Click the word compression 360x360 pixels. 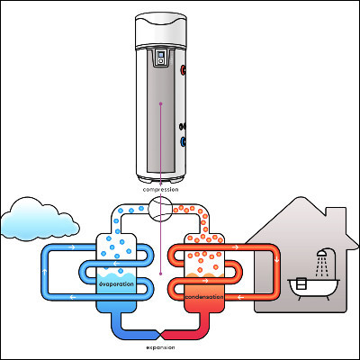pyautogui.click(x=160, y=190)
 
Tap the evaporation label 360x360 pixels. pyautogui.click(x=116, y=283)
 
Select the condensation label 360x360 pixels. pyautogui.click(x=204, y=297)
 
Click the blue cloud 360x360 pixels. pyautogui.click(x=38, y=220)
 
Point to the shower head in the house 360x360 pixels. pyautogui.click(x=322, y=254)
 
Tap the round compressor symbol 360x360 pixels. pyautogui.click(x=160, y=209)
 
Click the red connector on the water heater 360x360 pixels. pyautogui.click(x=183, y=70)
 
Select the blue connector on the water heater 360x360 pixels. pyautogui.click(x=183, y=141)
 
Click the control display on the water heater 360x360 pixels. pyautogui.click(x=161, y=58)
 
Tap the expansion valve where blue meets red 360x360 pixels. pyautogui.click(x=160, y=335)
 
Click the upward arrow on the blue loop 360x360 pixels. pyautogui.click(x=45, y=272)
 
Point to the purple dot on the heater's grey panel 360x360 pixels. pyautogui.click(x=160, y=103)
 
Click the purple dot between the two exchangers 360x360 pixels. pyautogui.click(x=160, y=274)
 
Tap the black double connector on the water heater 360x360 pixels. pyautogui.click(x=183, y=126)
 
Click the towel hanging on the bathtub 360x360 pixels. pyautogui.click(x=301, y=283)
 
